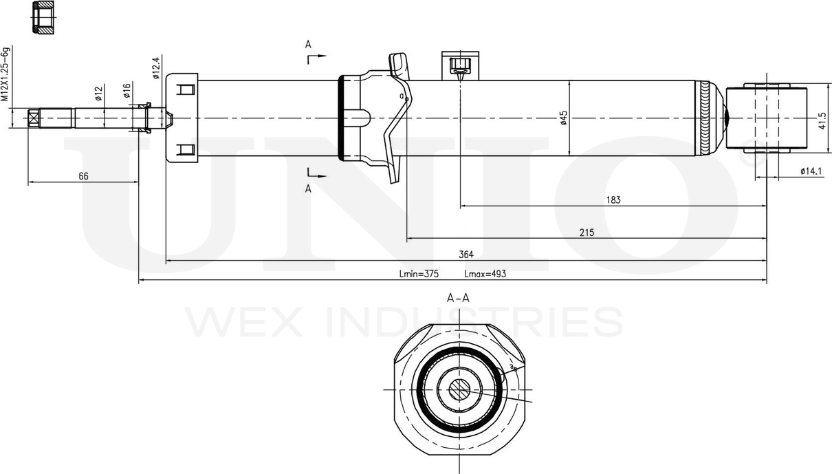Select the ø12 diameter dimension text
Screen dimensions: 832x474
pyautogui.click(x=98, y=94)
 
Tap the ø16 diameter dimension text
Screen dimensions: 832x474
pyautogui.click(x=127, y=91)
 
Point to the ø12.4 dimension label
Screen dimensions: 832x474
pyautogui.click(x=156, y=68)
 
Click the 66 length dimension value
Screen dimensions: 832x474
pyautogui.click(x=84, y=176)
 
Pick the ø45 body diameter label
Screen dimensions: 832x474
pyautogui.click(x=564, y=118)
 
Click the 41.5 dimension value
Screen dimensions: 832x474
pyautogui.click(x=822, y=120)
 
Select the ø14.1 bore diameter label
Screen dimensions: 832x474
pyautogui.click(x=811, y=171)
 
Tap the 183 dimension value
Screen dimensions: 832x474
pyautogui.click(x=613, y=200)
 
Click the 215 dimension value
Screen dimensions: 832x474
pyautogui.click(x=587, y=233)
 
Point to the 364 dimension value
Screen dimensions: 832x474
pyautogui.click(x=466, y=255)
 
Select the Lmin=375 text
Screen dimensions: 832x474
pyautogui.click(x=419, y=274)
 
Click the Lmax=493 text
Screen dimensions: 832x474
pyautogui.click(x=485, y=274)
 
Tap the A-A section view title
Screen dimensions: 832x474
pyautogui.click(x=458, y=298)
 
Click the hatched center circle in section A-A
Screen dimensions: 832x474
pyautogui.click(x=459, y=390)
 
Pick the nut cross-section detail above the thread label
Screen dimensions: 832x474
pyautogui.click(x=43, y=18)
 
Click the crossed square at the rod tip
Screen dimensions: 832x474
pyautogui.click(x=34, y=118)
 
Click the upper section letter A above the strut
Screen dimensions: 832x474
pyautogui.click(x=308, y=45)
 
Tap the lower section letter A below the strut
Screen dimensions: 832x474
pyautogui.click(x=308, y=188)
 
